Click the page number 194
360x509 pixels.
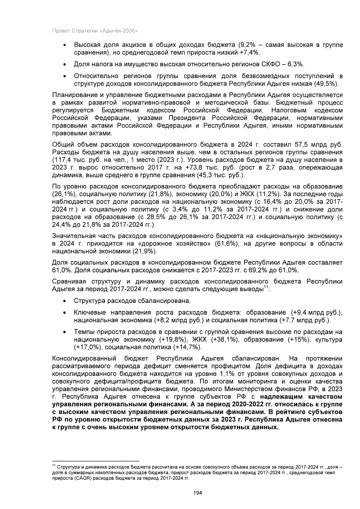point(198,493)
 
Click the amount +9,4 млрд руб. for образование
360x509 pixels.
point(309,313)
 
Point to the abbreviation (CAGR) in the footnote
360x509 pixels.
point(81,478)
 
